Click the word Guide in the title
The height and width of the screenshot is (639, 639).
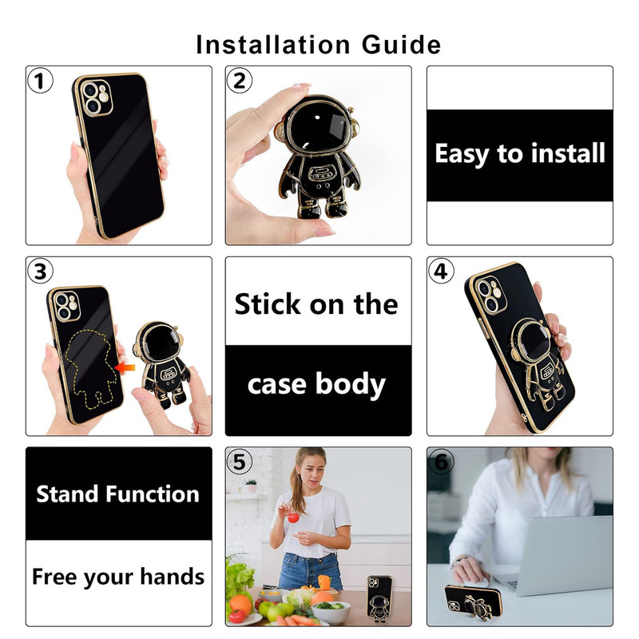(401, 45)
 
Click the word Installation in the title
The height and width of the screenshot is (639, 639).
(272, 45)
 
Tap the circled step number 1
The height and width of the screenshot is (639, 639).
(40, 81)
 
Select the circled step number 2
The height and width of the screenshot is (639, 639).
(239, 81)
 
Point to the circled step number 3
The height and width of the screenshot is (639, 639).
(40, 271)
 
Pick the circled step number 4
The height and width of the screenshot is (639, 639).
(441, 271)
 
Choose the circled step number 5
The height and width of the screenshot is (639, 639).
(239, 462)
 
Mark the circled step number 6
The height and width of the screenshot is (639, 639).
(441, 462)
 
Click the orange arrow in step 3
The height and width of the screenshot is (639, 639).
(125, 368)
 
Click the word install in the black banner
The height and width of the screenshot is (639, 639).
(569, 153)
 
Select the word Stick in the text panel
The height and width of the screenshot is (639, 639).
(268, 304)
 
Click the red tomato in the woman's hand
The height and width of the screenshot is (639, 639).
(293, 517)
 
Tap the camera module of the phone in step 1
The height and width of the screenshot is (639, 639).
(97, 97)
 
